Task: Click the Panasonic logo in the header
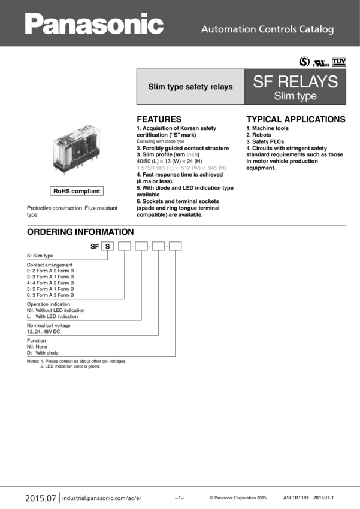[94, 24]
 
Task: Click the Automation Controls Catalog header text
[268, 29]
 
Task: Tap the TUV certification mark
[339, 62]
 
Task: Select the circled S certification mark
[304, 61]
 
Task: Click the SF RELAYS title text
[295, 81]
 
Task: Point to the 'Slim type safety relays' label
[190, 87]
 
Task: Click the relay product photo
[77, 150]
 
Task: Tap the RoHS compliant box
[77, 191]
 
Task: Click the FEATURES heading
[159, 119]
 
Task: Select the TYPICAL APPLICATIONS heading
[296, 119]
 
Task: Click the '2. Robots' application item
[258, 135]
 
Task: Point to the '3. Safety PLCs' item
[265, 141]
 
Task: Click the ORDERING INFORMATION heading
[80, 232]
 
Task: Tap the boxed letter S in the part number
[107, 246]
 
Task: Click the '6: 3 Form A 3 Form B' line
[50, 295]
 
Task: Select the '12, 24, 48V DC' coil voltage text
[44, 331]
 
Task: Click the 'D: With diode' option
[43, 353]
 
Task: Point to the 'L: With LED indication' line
[52, 316]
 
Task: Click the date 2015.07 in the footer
[41, 498]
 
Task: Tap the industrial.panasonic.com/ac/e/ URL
[102, 498]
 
